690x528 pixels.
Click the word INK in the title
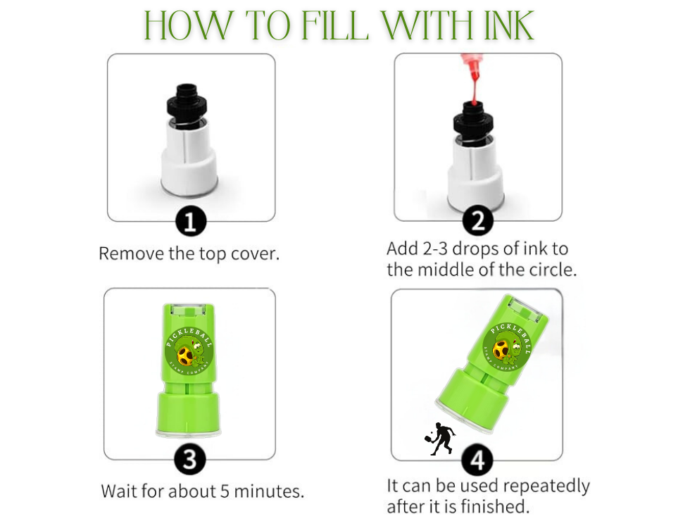click(x=509, y=25)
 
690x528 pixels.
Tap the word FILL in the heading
click(x=335, y=25)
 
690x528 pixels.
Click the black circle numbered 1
click(x=191, y=221)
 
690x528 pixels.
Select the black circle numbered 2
click(x=478, y=220)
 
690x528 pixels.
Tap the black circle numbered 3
click(x=189, y=459)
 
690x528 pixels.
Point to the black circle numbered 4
click(x=477, y=460)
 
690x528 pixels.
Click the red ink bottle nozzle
click(x=473, y=79)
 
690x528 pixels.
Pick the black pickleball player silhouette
click(x=439, y=439)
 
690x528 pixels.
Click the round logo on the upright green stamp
click(x=189, y=351)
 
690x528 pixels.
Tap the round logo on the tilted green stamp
click(x=507, y=346)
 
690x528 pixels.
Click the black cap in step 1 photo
click(x=187, y=104)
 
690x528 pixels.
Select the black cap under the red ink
click(x=473, y=120)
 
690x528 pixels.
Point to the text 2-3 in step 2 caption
click(x=435, y=249)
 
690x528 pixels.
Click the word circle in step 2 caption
click(x=552, y=269)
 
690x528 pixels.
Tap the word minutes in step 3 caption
click(x=268, y=491)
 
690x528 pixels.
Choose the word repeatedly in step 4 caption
click(x=546, y=487)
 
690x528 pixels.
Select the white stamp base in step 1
click(x=189, y=158)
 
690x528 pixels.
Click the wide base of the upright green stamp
click(x=189, y=415)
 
